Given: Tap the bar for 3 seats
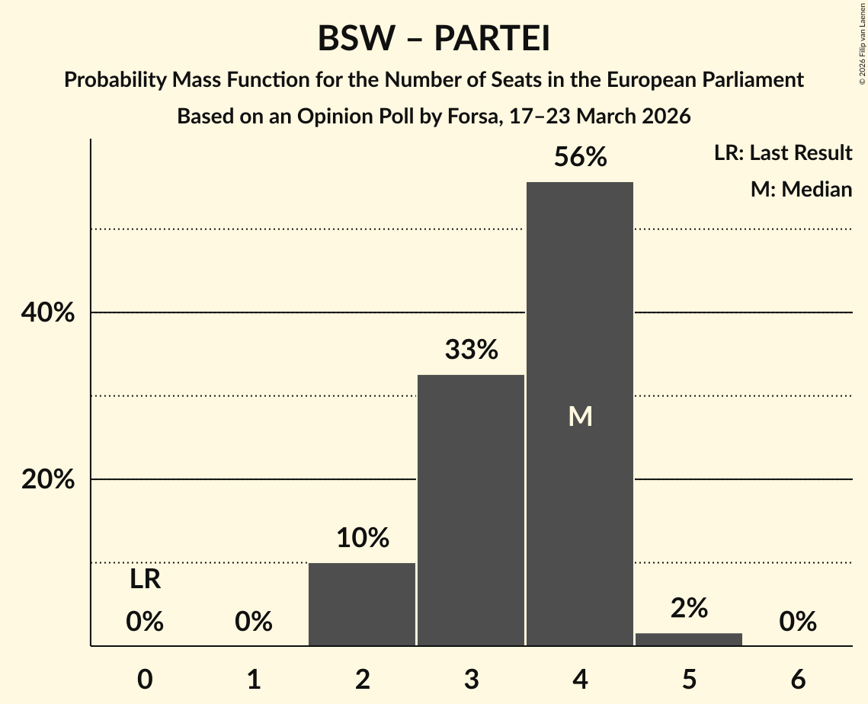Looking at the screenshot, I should [x=471, y=510].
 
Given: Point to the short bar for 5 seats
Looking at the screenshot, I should [x=689, y=639].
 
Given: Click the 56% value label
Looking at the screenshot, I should [x=580, y=158].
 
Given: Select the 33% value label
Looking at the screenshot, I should [x=471, y=350].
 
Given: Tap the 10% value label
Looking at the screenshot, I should [x=362, y=539].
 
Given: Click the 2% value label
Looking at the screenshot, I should [x=689, y=608].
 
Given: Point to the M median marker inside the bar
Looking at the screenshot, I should [x=580, y=416].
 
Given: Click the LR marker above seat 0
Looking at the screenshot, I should [x=145, y=580].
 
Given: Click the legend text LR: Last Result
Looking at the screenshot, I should [x=783, y=153].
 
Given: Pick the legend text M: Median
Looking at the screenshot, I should [x=801, y=189].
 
